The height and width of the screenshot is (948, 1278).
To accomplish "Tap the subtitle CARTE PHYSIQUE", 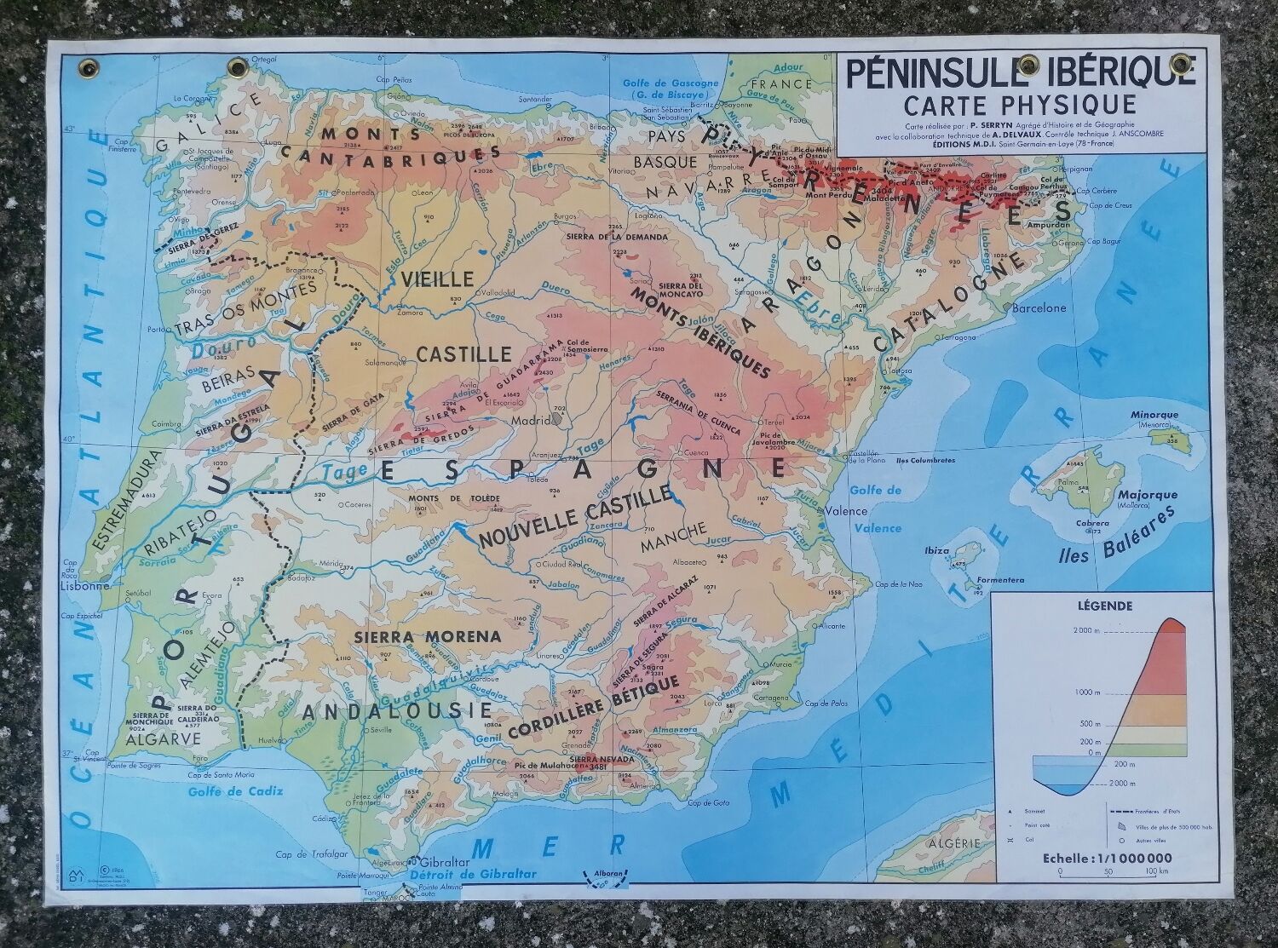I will coord(1020,105).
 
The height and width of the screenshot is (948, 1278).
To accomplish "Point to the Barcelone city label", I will coord(1039,307).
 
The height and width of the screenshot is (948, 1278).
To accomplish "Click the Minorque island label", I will coord(1154,415).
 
